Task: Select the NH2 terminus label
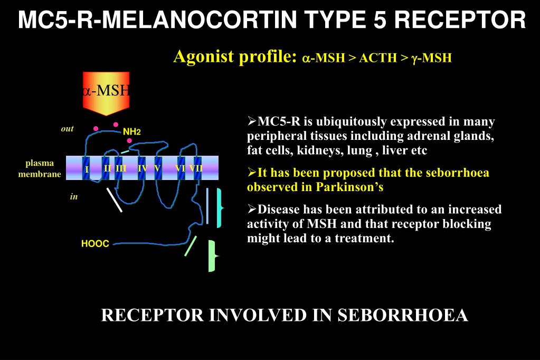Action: [x=131, y=131]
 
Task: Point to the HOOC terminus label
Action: [x=95, y=244]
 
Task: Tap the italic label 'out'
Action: [x=67, y=129]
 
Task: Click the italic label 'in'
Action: [x=74, y=197]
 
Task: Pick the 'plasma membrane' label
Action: [x=40, y=168]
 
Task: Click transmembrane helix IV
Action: [x=141, y=168]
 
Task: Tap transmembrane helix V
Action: [x=157, y=168]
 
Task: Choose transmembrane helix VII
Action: [x=197, y=168]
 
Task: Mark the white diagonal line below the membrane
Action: [x=114, y=200]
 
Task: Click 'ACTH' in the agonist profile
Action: [x=376, y=58]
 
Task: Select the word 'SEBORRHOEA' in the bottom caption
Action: [x=403, y=315]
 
